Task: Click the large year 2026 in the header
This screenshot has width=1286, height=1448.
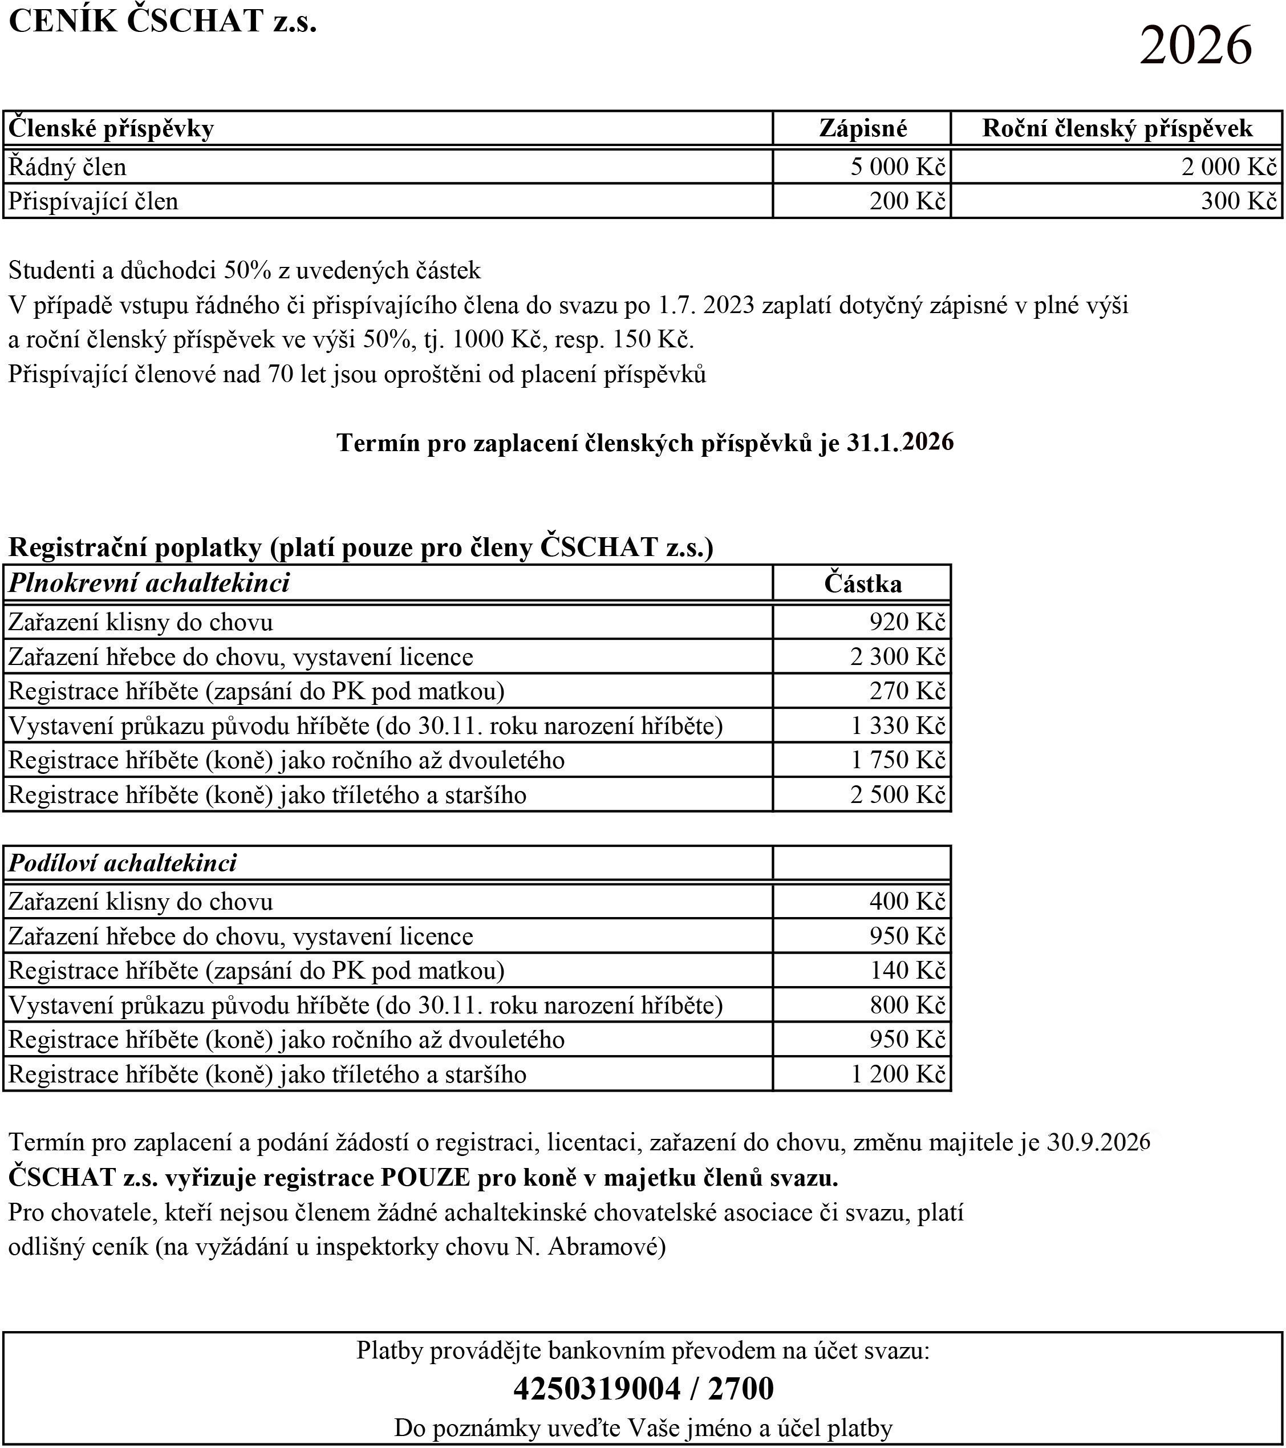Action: point(1195,45)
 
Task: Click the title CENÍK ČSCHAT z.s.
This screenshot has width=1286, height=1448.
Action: point(163,21)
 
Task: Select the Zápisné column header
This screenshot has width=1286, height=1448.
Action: point(862,128)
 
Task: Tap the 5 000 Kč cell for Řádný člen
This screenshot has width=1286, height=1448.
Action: point(898,167)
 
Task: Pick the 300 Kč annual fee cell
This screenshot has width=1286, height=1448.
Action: point(1238,201)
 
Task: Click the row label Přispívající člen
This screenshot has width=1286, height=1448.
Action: point(93,201)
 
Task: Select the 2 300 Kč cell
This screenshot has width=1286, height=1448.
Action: point(898,656)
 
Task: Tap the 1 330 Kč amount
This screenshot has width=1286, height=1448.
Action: point(898,725)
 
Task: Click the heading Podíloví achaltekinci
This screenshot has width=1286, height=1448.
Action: point(123,863)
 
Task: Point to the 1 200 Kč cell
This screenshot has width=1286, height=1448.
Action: point(898,1074)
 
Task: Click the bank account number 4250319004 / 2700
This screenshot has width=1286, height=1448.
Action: point(643,1389)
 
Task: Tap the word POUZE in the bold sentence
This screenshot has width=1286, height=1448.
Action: point(425,1177)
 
